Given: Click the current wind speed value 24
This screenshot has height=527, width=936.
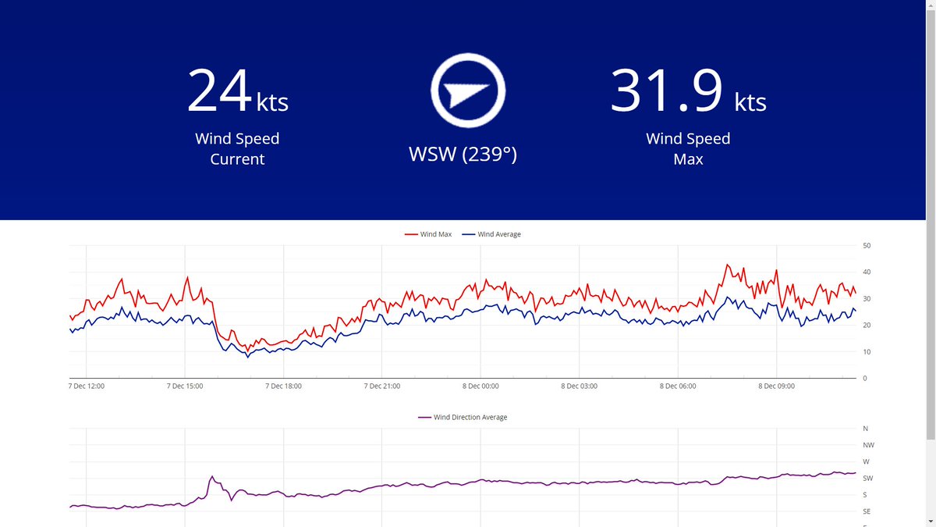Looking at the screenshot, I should (x=219, y=91).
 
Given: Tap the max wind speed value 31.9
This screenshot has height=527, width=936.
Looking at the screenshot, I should (x=667, y=91).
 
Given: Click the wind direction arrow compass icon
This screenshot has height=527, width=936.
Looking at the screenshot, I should (x=469, y=91).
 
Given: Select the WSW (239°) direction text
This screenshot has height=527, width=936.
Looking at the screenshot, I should (x=463, y=155).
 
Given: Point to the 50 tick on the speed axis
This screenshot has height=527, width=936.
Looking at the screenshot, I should (x=866, y=246).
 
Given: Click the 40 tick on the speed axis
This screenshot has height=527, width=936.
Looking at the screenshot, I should (x=866, y=272).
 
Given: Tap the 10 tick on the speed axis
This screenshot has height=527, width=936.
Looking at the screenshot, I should (x=866, y=352).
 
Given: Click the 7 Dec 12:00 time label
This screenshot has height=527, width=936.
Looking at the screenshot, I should (x=87, y=386).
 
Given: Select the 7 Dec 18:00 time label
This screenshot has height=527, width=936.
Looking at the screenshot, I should (x=283, y=386).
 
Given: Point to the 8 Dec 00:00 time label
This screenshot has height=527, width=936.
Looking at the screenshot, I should (x=480, y=386).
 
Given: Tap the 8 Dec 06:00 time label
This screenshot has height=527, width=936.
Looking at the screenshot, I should (x=678, y=386).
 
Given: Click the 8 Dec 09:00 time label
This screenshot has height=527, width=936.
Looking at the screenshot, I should (x=776, y=386).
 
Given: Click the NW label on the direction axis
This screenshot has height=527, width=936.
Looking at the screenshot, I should (x=868, y=445).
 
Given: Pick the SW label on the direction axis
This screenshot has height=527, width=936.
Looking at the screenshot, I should (x=868, y=479).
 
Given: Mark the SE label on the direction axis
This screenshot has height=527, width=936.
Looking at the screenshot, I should (x=867, y=511).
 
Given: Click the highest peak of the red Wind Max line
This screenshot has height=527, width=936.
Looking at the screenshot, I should (x=727, y=265).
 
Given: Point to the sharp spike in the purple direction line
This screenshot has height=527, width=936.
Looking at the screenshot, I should (x=211, y=476).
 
